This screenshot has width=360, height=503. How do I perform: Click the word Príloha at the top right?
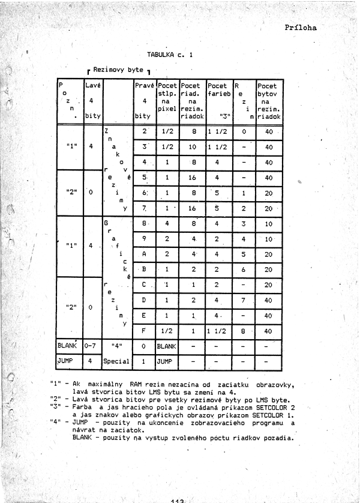pyautogui.click(x=301, y=27)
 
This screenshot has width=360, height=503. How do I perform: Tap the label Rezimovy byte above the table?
pyautogui.click(x=118, y=70)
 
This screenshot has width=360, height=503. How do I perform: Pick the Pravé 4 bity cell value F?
pyautogui.click(x=145, y=330)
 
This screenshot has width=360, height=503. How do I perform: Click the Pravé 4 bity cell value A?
pyautogui.click(x=145, y=254)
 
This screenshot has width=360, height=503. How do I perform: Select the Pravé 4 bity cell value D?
pyautogui.click(x=145, y=299)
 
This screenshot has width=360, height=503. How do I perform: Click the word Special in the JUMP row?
pyautogui.click(x=117, y=363)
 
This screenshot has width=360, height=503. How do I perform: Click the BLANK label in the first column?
pyautogui.click(x=69, y=346)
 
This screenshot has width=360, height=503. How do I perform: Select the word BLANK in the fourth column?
pyautogui.click(x=168, y=346)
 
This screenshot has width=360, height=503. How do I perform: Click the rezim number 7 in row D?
pyautogui.click(x=244, y=299)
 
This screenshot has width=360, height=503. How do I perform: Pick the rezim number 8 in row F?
pyautogui.click(x=244, y=330)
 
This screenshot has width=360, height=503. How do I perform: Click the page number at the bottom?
pyautogui.click(x=180, y=499)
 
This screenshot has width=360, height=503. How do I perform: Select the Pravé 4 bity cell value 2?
pyautogui.click(x=145, y=131)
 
